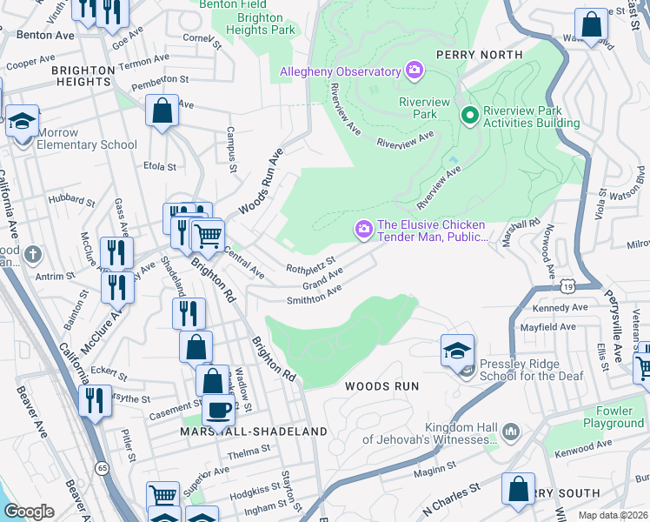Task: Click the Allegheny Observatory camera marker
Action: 414,69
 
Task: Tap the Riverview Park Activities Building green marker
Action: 470,115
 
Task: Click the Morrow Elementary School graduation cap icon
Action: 22,121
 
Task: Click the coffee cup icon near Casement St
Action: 218,409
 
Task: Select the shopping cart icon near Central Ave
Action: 208,235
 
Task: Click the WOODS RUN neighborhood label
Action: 381,385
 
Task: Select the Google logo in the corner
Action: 29,512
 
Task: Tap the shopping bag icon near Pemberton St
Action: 162,110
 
